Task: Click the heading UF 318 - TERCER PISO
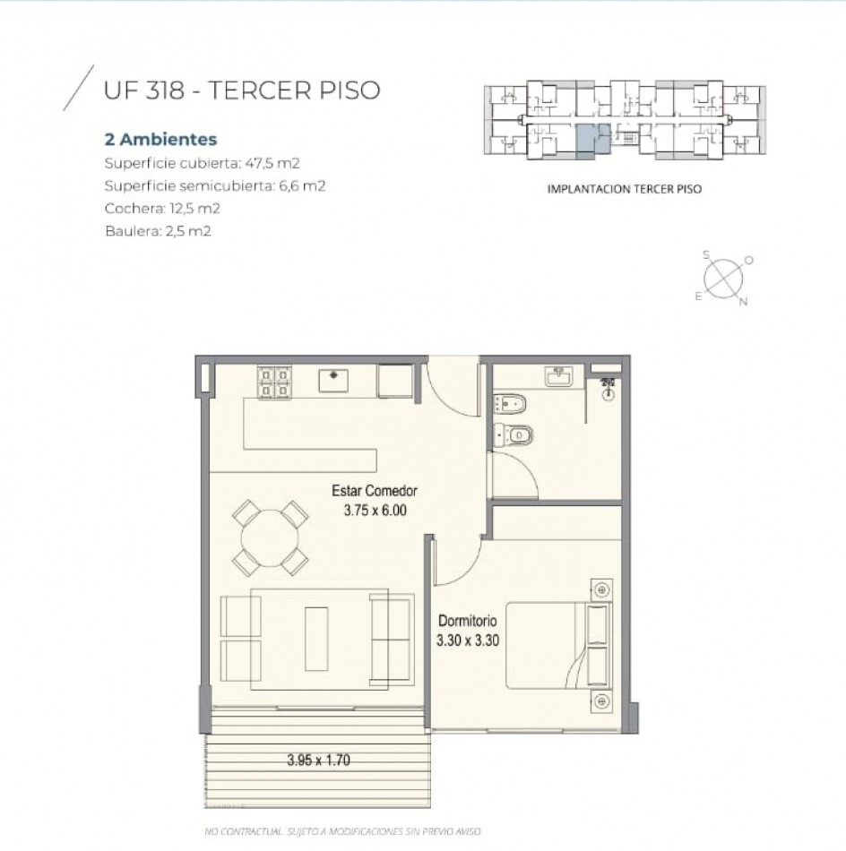(242, 90)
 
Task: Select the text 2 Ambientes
(160, 140)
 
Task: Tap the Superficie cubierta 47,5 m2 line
(202, 163)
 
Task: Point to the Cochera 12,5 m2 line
(162, 209)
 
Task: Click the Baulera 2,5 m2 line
(158, 231)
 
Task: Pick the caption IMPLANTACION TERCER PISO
(625, 189)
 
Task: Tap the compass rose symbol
(723, 279)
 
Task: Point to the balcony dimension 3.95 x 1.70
(319, 760)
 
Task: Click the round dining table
(270, 537)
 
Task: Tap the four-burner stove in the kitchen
(274, 383)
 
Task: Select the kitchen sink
(333, 380)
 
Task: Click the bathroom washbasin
(558, 376)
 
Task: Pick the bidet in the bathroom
(510, 404)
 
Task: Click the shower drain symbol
(609, 394)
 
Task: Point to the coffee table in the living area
(316, 639)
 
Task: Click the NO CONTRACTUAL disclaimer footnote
(342, 831)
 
